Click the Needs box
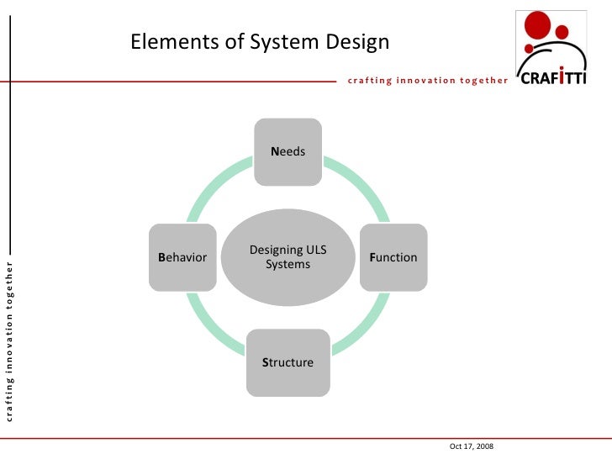288,151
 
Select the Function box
393,257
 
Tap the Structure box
288,363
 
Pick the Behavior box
182,257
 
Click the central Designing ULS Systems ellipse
288,257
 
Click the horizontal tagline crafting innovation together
427,81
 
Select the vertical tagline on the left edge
9,340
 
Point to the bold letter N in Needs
274,152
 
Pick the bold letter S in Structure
265,363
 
